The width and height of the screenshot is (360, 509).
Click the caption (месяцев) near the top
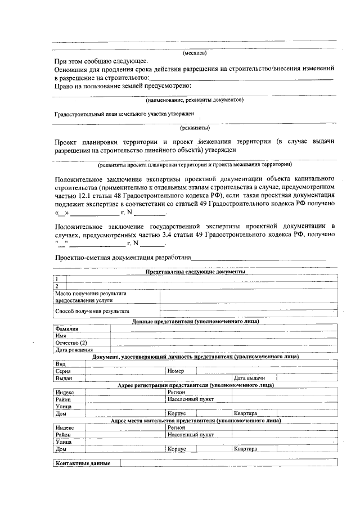click(x=195, y=53)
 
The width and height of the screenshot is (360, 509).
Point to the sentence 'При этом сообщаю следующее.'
click(x=101, y=61)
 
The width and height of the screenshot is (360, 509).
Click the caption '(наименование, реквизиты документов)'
click(x=195, y=100)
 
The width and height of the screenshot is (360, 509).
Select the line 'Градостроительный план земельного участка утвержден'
click(x=124, y=114)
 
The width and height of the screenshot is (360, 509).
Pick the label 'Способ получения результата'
click(x=92, y=310)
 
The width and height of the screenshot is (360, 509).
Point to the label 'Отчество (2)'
click(x=71, y=343)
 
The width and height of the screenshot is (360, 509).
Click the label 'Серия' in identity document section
click(x=63, y=371)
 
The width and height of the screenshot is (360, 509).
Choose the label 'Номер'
click(x=175, y=371)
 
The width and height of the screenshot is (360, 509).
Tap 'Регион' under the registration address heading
click(x=176, y=392)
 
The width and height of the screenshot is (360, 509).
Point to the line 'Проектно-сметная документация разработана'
click(x=123, y=258)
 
